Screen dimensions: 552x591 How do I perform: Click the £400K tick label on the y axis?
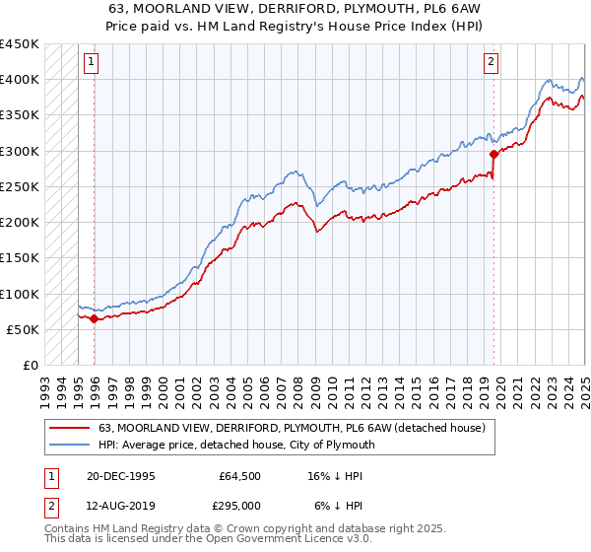tap(20, 80)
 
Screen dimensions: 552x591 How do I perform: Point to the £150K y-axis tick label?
tap(20, 258)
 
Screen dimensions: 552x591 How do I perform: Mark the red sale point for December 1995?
tap(94, 319)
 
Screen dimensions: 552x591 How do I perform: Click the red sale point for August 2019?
tap(493, 154)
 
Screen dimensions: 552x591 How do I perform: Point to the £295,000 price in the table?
tap(239, 505)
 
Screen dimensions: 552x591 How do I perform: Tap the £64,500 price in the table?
tap(239, 475)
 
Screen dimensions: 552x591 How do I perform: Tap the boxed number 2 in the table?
tap(50, 505)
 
